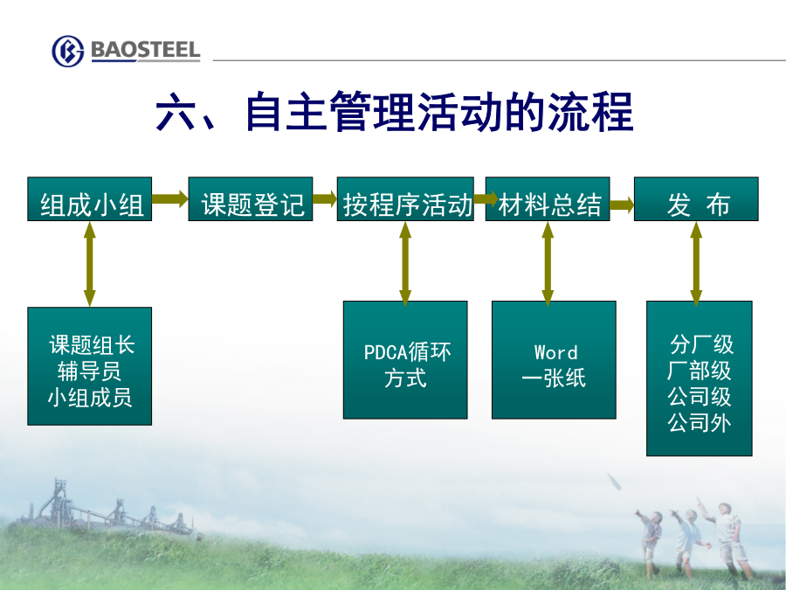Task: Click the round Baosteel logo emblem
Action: [67, 52]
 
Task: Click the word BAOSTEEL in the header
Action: [145, 50]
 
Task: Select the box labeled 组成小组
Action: [90, 198]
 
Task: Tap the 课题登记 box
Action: [251, 198]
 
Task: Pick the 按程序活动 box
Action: [405, 198]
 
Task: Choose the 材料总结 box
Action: [548, 198]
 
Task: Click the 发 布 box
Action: [696, 198]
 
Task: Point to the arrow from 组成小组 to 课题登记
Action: [170, 198]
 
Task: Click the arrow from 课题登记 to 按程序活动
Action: [325, 198]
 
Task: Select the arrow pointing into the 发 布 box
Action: [622, 205]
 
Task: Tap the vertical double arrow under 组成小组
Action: [90, 264]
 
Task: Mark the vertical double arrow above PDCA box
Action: [405, 264]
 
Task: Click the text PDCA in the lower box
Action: [383, 352]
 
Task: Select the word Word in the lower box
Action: [556, 352]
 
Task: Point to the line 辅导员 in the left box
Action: [89, 371]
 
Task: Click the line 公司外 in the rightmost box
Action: [700, 423]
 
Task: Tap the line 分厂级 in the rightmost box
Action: [701, 344]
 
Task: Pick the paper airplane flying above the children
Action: [614, 481]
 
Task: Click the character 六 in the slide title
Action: [176, 111]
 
